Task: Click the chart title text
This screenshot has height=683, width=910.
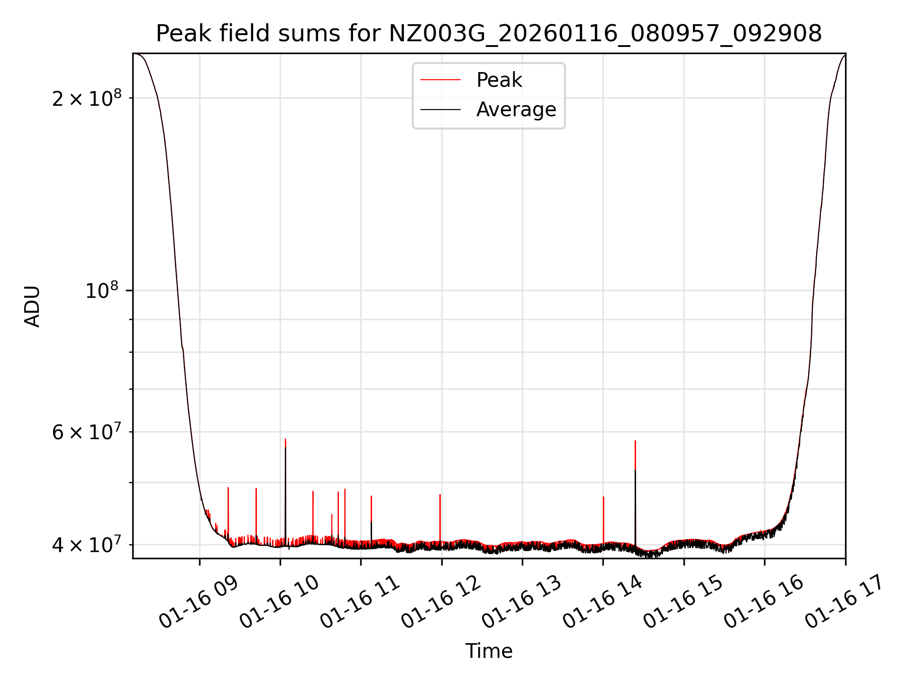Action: [x=489, y=34]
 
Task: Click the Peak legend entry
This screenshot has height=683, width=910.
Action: [x=499, y=80]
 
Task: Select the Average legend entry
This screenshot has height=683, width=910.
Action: [x=516, y=110]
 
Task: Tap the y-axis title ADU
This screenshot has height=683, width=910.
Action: [x=32, y=306]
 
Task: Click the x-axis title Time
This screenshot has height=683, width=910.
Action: [x=489, y=651]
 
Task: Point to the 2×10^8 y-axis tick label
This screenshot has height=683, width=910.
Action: [x=86, y=99]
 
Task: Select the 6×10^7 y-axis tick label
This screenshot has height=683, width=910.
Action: [x=86, y=432]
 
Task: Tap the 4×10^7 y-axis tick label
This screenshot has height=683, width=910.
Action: [x=86, y=545]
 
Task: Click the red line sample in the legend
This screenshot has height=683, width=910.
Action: [x=440, y=80]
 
